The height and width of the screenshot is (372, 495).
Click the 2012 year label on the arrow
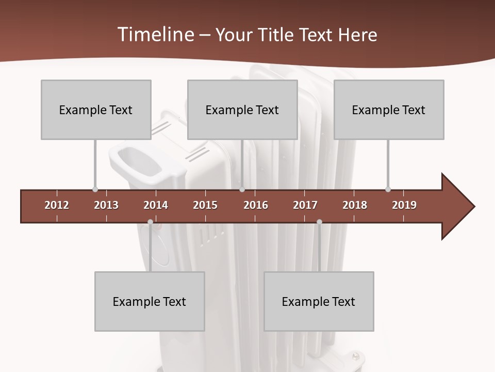[x=57, y=205]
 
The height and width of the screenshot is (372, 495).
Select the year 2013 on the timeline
[x=106, y=205]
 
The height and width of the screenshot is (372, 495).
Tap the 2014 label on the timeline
[x=156, y=205]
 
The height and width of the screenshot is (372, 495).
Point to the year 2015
[x=205, y=205]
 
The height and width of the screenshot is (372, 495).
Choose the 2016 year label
[x=256, y=205]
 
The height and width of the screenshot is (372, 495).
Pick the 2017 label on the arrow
[x=305, y=205]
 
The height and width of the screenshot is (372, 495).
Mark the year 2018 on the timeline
[x=355, y=205]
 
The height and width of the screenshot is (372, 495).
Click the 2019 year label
[x=404, y=205]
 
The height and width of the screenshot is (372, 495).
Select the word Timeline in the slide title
[x=154, y=35]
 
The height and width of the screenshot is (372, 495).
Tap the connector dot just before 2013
[x=95, y=189]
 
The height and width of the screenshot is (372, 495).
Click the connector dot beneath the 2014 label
[x=150, y=222]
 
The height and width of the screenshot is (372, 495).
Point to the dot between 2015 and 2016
[x=242, y=189]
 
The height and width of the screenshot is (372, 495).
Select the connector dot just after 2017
[x=319, y=222]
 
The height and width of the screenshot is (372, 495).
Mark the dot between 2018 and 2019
[x=388, y=189]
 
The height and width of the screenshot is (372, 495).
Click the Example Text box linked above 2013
[x=96, y=110]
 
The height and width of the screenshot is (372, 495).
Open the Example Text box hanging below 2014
[x=150, y=301]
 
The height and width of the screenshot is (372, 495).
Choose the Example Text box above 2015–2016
[x=242, y=110]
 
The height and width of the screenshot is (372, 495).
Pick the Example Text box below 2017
[x=319, y=301]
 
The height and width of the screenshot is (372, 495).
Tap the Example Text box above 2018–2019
[x=389, y=110]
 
